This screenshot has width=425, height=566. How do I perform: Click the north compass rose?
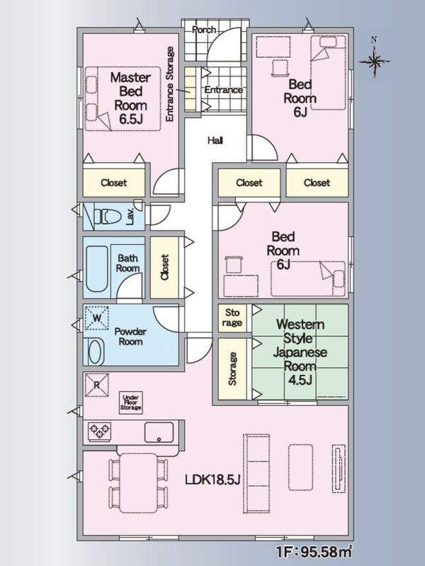pos(375,61)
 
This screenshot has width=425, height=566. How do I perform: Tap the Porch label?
pos(204,30)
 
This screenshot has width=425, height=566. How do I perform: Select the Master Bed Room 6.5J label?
pos(130,98)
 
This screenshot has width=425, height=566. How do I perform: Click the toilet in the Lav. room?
pos(107,217)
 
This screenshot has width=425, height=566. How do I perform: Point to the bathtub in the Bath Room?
pos(97,269)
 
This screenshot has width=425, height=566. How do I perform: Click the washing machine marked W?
pos(97,318)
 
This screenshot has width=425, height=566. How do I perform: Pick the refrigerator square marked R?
pos(96,385)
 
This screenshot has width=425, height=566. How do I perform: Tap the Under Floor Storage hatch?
pos(131,403)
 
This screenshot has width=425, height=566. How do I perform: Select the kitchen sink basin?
pos(159,432)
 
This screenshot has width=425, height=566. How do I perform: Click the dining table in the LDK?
pos(138,483)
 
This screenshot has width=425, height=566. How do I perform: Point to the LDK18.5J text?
pos(212,480)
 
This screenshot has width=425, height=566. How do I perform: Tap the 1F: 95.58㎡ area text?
pos(314,551)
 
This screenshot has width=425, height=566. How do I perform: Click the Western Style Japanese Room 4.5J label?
pos(300,352)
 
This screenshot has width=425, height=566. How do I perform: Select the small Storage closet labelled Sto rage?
pos(232,318)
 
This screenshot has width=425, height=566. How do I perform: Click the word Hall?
pos(215,140)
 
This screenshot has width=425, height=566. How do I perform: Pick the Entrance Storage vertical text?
pos(169,83)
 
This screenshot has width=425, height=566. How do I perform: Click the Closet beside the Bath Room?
pos(164,267)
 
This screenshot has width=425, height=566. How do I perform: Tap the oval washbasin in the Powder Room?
pos(95,352)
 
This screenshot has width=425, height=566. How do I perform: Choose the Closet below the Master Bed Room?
pos(114,183)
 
